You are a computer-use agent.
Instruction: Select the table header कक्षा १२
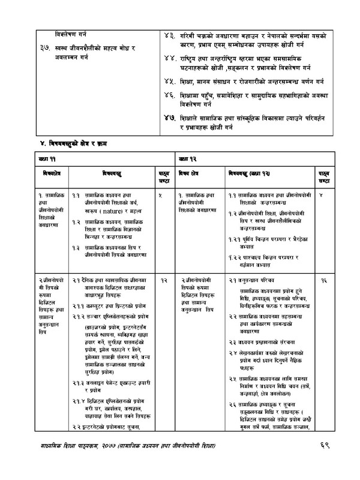click(185, 160)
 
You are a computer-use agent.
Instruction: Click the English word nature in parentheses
click(115, 212)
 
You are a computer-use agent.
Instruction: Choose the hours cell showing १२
click(163, 280)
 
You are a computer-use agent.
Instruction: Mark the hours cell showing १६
click(325, 280)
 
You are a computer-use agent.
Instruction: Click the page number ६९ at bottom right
click(325, 448)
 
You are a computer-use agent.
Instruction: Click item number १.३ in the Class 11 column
click(77, 247)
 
